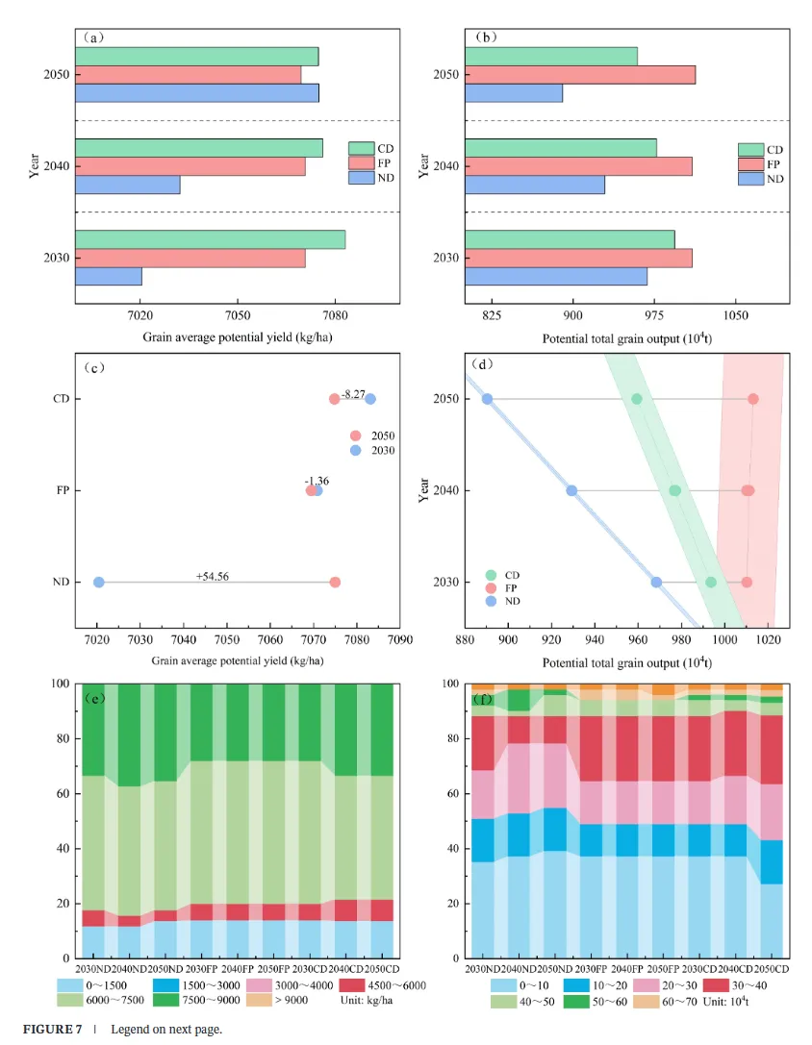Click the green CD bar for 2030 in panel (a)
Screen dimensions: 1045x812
coord(210,239)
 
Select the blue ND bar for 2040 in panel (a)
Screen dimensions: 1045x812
coord(127,185)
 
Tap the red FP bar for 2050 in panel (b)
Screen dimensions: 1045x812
coord(579,74)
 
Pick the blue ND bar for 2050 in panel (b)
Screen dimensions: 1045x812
coord(513,93)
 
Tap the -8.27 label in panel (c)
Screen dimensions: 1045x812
coord(353,394)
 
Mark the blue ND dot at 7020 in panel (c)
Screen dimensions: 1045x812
coord(98,583)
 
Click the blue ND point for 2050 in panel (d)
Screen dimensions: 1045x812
coord(487,399)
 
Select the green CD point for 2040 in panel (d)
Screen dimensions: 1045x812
coord(674,490)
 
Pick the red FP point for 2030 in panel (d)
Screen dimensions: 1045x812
coord(747,582)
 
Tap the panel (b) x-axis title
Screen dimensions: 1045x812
coord(626,338)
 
